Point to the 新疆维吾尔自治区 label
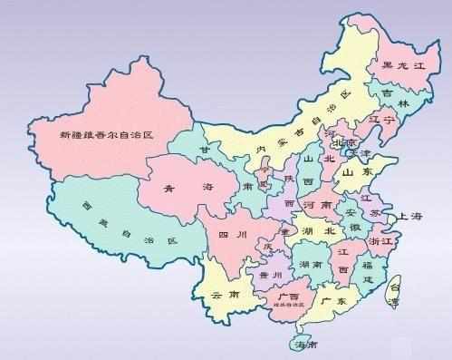pos(106,135)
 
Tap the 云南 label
pos(222,296)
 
